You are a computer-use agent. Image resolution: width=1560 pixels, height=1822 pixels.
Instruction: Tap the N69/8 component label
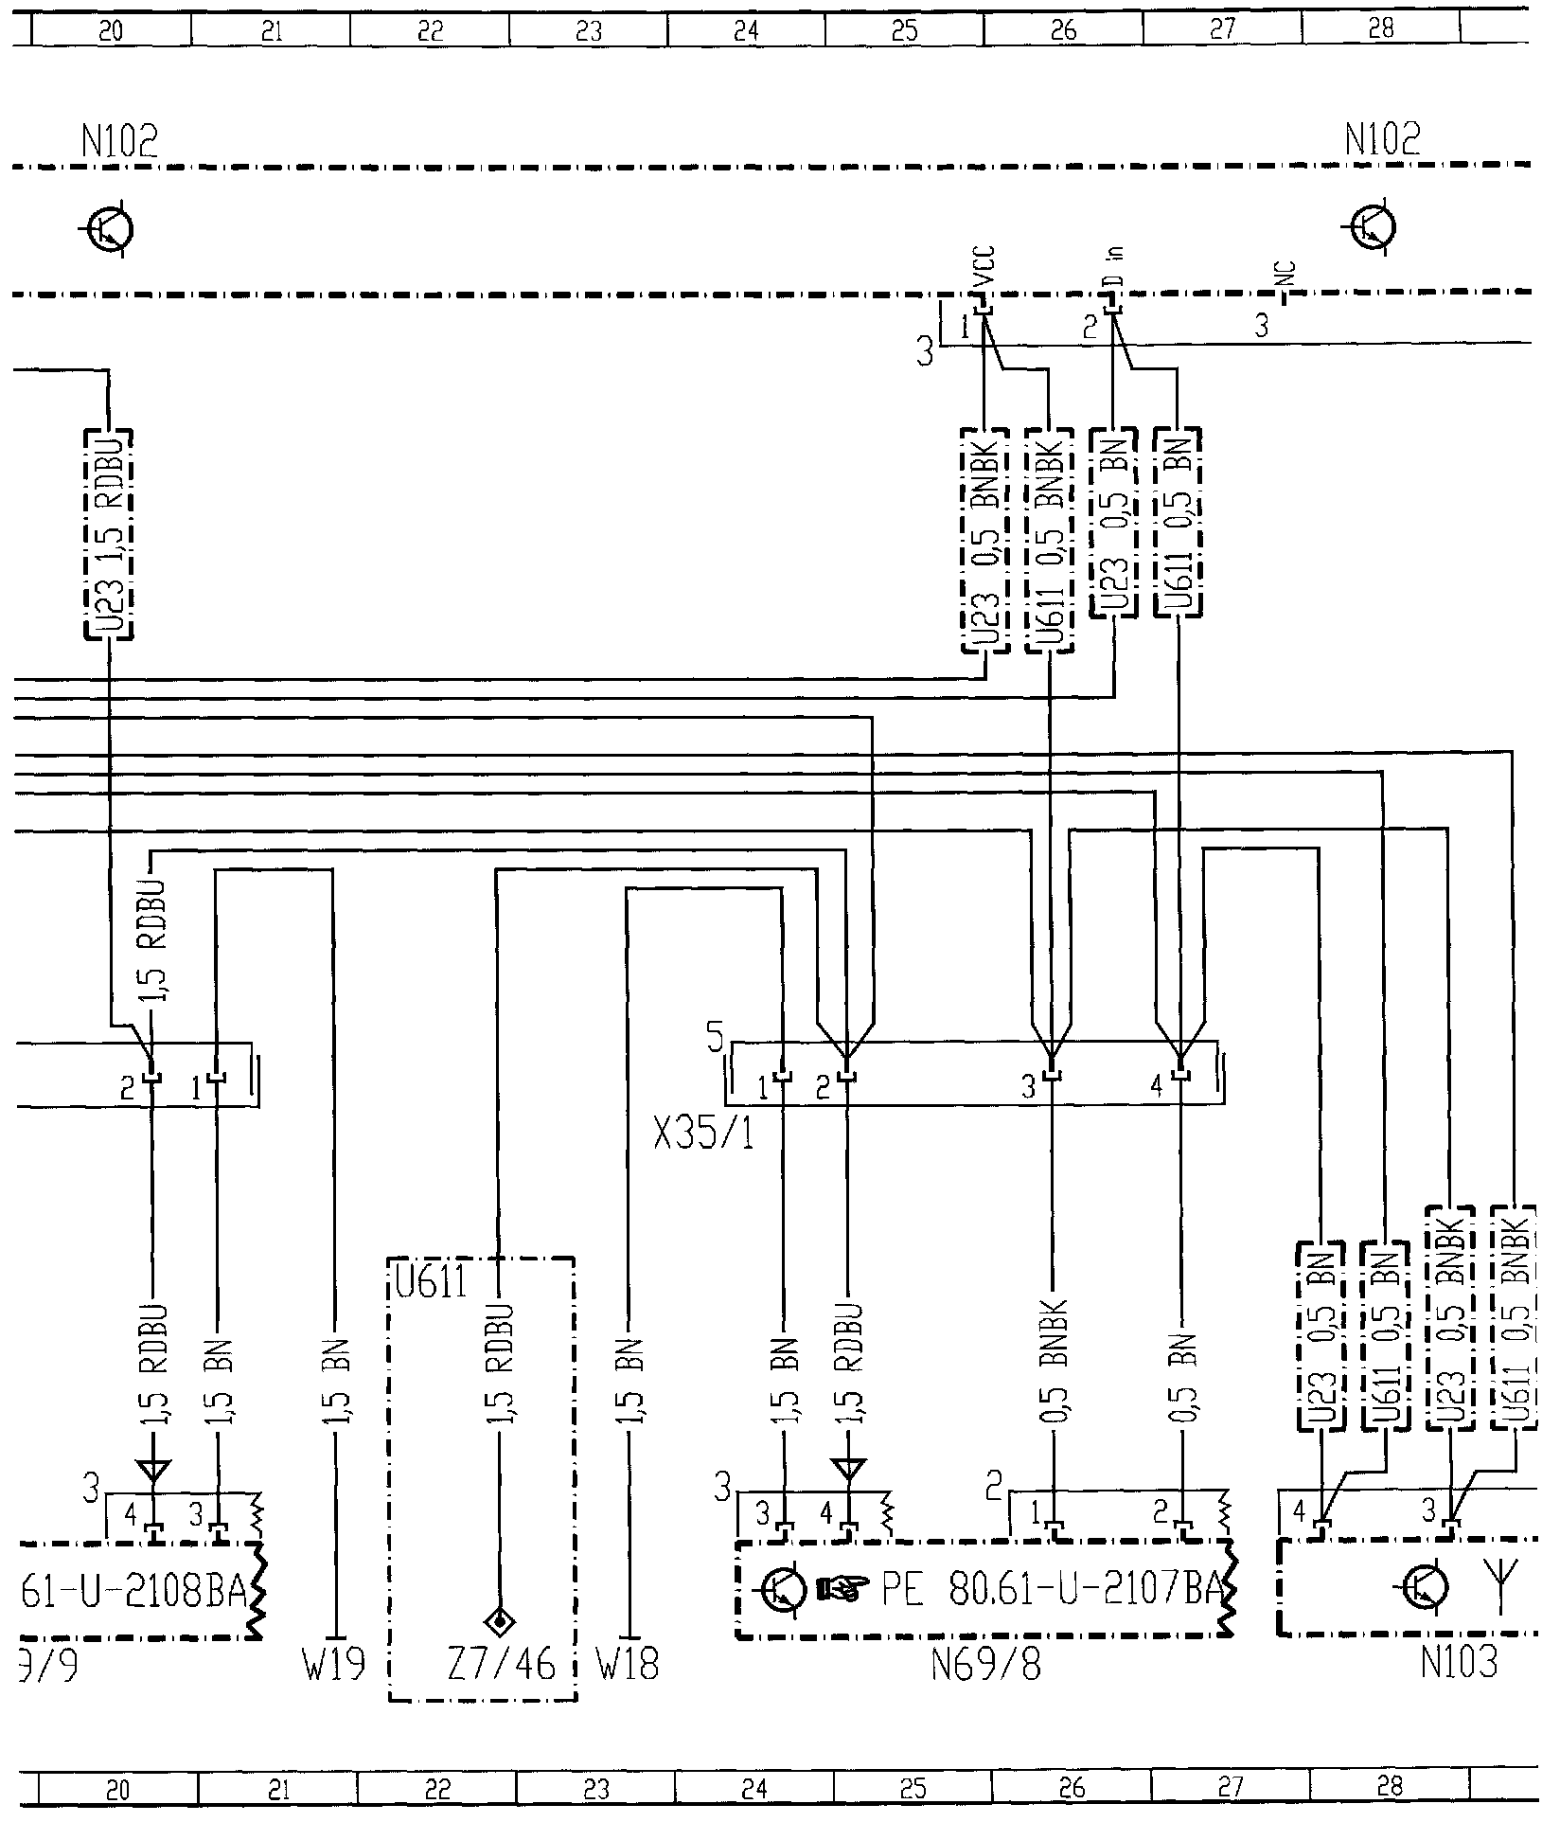pyautogui.click(x=985, y=1664)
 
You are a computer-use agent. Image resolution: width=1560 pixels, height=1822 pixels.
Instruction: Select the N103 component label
pyautogui.click(x=1459, y=1663)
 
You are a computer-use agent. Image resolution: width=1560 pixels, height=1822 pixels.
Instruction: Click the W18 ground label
pyautogui.click(x=628, y=1664)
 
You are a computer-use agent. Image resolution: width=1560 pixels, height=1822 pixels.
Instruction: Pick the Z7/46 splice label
pyautogui.click(x=501, y=1664)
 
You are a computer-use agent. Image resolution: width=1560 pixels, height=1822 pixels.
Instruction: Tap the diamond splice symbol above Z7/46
pyautogui.click(x=499, y=1597)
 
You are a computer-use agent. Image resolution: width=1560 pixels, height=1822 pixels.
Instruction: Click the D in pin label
pyautogui.click(x=1114, y=269)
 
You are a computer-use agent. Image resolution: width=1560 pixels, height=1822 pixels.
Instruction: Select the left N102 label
pyautogui.click(x=119, y=143)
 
